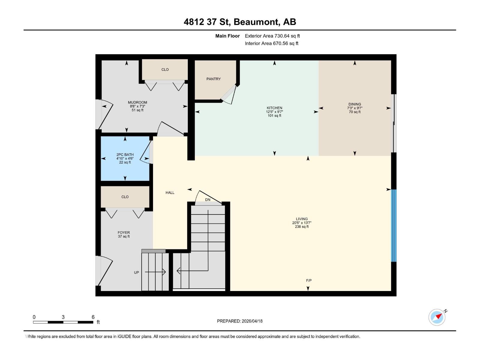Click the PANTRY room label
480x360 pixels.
pos(213,79)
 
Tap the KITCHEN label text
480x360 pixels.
pos(274,108)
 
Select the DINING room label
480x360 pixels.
pos(355,104)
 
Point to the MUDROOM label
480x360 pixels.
pos(137,103)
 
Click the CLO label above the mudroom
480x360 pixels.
pos(165,70)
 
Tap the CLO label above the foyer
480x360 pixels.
pos(125,197)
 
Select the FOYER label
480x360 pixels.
pos(124,232)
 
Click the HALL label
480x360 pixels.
pos(170,193)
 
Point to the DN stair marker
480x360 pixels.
pos(208,200)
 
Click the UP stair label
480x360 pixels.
pos(136,272)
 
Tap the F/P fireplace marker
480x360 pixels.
pos(309,280)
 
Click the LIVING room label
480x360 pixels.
pos(301,219)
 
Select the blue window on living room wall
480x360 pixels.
pos(394,226)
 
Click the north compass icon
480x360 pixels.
pos(437,317)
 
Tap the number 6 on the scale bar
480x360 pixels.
pos(93,317)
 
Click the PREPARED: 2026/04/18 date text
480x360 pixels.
pos(240,321)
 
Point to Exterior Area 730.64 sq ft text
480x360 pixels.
pos(272,36)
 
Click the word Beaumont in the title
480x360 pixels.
pos(256,22)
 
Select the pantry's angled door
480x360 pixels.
pos(229,94)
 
